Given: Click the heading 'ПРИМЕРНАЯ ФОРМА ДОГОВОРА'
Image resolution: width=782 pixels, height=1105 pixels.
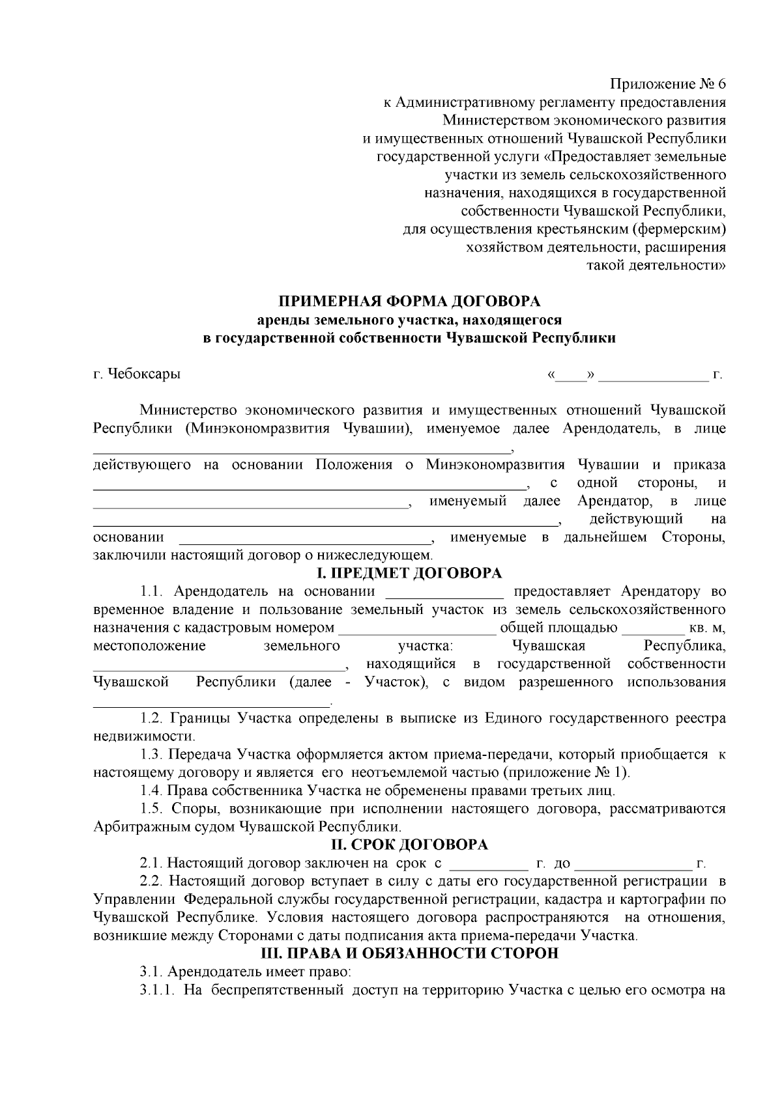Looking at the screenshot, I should click(x=410, y=301).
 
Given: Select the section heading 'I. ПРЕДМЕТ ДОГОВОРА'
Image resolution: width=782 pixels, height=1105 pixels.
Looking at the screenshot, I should click(x=409, y=573).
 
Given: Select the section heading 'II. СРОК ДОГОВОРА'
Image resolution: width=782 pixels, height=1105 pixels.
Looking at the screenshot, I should click(x=409, y=845).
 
